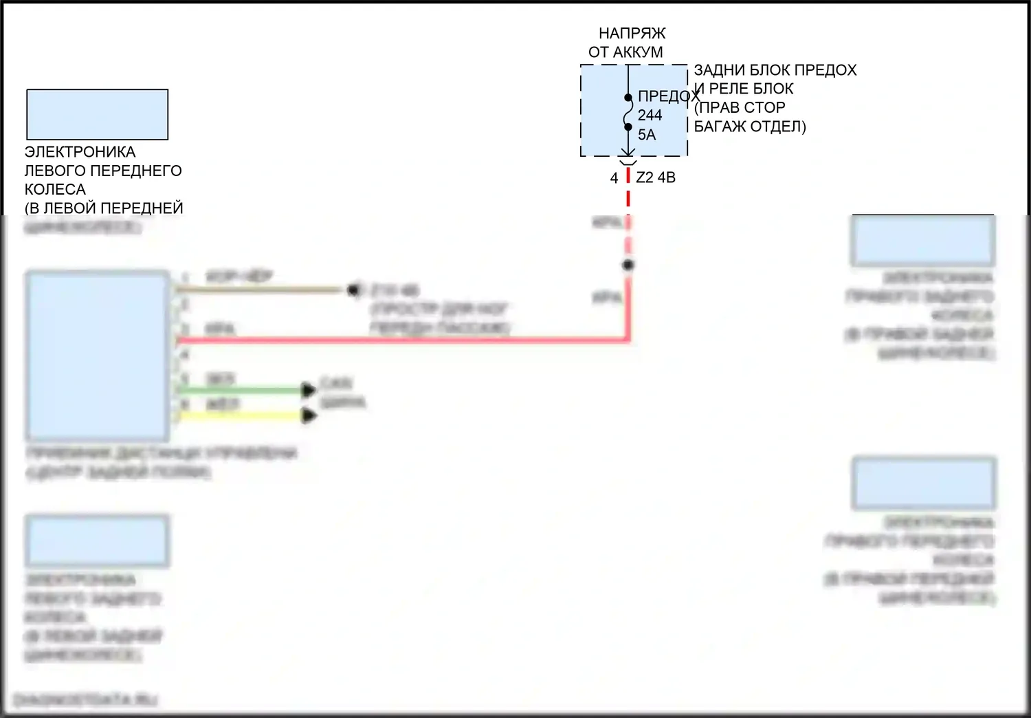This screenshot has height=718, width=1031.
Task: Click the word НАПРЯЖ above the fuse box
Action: coord(632,33)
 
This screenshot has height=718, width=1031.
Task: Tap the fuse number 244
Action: coord(650,115)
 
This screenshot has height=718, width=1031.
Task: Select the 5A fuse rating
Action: coord(647,135)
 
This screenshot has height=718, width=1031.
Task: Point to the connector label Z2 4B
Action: coord(656,177)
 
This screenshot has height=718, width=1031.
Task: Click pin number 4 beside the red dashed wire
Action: coord(614,178)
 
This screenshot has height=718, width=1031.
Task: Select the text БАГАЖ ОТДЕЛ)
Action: coord(750,127)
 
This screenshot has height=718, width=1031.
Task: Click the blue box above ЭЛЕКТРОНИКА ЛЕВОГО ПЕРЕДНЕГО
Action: coord(97,114)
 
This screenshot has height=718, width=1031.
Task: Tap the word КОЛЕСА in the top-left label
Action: coord(55,189)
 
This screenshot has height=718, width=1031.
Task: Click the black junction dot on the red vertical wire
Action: coord(628,265)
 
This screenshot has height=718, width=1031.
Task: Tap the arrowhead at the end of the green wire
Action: coord(309,391)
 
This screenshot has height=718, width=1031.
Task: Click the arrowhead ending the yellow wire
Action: coord(309,415)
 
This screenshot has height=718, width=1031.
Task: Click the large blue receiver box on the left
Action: coord(97,355)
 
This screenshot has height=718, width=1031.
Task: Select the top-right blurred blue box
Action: coord(923,240)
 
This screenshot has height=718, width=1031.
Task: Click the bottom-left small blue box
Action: coord(97,541)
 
